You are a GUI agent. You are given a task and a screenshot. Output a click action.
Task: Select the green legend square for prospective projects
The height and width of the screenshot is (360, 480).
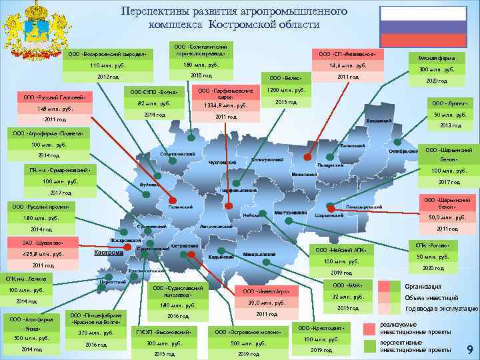pos(369,346)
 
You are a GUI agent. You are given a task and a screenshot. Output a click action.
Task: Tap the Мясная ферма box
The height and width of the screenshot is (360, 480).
pos(437,58)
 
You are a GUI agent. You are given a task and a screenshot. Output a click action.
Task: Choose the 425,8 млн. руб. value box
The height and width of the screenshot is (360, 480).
pos(43,253)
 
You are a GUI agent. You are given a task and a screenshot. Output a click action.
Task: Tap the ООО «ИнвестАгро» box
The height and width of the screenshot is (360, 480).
pos(266,292)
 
